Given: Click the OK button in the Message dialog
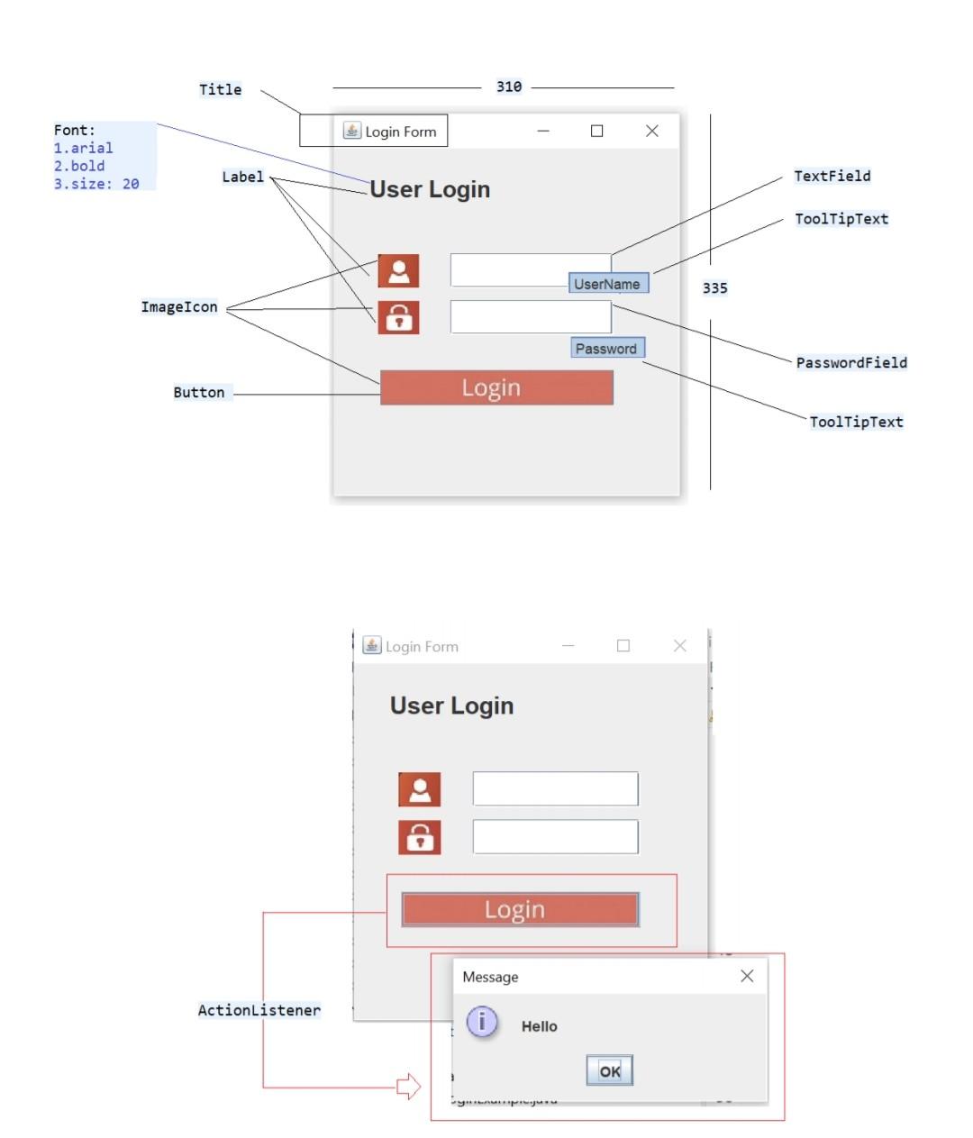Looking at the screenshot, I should (610, 1070).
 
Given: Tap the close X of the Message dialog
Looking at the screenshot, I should (747, 976).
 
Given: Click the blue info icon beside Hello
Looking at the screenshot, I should (482, 1022).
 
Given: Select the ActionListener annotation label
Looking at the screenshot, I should (259, 1010).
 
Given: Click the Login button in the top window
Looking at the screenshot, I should (496, 387).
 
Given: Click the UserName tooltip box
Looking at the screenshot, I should (608, 284).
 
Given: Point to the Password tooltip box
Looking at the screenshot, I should (607, 349).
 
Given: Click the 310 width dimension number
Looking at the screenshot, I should (509, 86).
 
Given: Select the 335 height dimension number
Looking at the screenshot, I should (714, 288).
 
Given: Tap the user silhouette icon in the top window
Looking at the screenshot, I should (398, 270).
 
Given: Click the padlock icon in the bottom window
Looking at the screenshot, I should (419, 837).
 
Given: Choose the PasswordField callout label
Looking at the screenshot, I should (851, 362).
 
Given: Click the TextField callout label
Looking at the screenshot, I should (832, 176).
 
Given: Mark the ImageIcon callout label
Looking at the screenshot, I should (179, 307).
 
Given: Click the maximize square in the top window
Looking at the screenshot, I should (596, 131).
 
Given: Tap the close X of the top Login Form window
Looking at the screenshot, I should (652, 131).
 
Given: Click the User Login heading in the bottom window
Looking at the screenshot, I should (451, 706).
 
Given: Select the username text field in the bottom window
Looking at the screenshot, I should (555, 788).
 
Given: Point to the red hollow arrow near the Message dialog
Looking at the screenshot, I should (409, 1087).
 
